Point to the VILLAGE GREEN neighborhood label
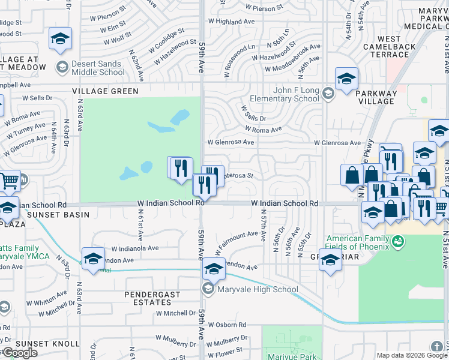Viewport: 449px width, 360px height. point(105,91)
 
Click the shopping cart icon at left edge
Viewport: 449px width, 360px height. point(9,180)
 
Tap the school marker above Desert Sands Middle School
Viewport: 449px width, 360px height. point(60,40)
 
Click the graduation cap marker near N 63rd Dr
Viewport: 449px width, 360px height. point(93,259)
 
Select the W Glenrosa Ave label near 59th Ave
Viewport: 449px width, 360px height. point(231,143)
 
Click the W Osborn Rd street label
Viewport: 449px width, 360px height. point(224,325)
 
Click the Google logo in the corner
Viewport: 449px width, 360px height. point(20,353)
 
